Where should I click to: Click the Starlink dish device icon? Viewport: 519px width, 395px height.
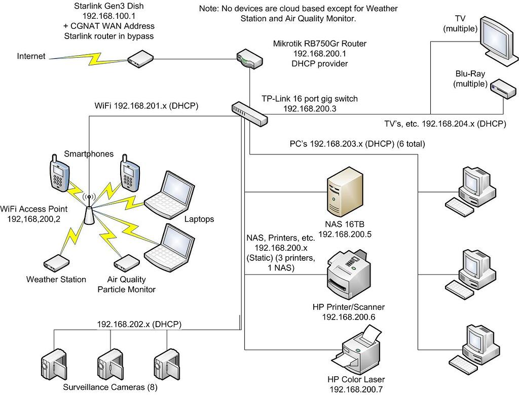coord(139,60)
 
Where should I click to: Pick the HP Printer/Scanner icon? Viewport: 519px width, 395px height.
coord(348,276)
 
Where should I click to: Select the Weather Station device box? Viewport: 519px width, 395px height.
coord(56,262)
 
